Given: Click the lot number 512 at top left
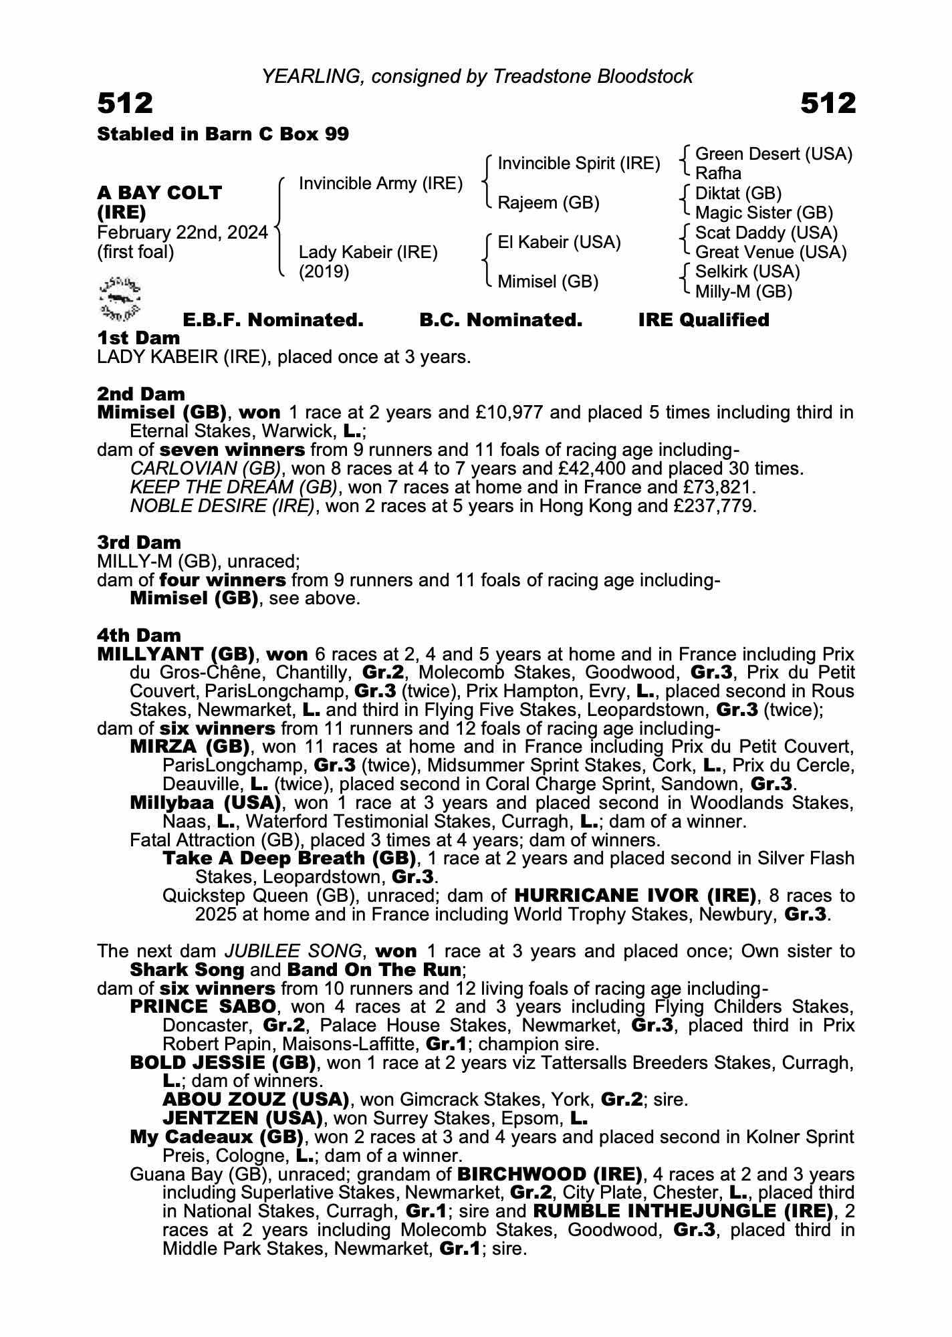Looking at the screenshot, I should (x=126, y=104).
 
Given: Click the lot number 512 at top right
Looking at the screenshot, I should (x=828, y=104).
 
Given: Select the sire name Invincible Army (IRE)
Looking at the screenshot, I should (x=380, y=183).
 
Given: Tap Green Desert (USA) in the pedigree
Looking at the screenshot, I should (x=773, y=154).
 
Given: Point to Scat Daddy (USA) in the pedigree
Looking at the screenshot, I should (x=766, y=233).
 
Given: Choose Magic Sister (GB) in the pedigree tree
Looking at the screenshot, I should (x=763, y=213).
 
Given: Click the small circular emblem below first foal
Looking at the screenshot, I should (x=120, y=296).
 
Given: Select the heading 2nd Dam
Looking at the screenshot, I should (x=141, y=394).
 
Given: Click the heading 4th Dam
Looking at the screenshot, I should (x=139, y=635).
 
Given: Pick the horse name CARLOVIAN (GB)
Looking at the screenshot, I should (x=206, y=468).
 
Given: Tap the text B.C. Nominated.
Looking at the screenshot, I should (x=501, y=320).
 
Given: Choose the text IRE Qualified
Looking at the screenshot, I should (x=703, y=320).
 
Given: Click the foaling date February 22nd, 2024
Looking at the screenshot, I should (x=182, y=233).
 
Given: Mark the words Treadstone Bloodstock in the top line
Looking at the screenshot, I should (x=592, y=77).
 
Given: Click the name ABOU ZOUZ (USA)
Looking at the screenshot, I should (x=256, y=1100).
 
